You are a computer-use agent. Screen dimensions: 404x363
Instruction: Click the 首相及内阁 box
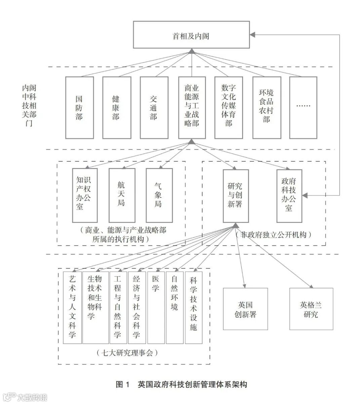click(191, 35)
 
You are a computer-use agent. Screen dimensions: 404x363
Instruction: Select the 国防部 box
click(79, 108)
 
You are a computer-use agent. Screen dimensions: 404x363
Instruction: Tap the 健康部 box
click(116, 108)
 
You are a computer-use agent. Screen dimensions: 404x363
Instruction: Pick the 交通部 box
click(154, 108)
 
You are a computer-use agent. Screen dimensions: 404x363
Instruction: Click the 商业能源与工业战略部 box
click(192, 108)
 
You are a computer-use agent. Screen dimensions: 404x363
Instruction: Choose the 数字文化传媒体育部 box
click(229, 108)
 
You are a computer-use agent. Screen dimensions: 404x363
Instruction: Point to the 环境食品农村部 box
click(267, 108)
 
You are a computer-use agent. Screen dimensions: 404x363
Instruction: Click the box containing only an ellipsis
click(303, 108)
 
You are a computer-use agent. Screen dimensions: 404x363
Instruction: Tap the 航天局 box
click(122, 195)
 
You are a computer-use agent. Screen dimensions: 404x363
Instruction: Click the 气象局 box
click(159, 195)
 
